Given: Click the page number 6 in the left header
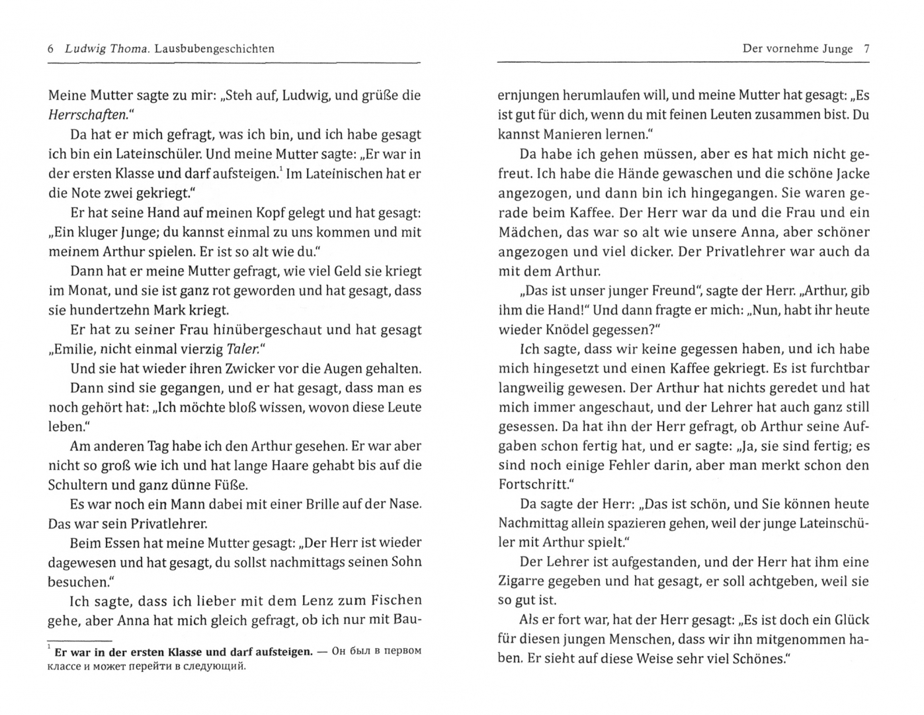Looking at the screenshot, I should [52, 49].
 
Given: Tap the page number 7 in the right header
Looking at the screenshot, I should [866, 49].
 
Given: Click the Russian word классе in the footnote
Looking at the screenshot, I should [69, 666].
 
